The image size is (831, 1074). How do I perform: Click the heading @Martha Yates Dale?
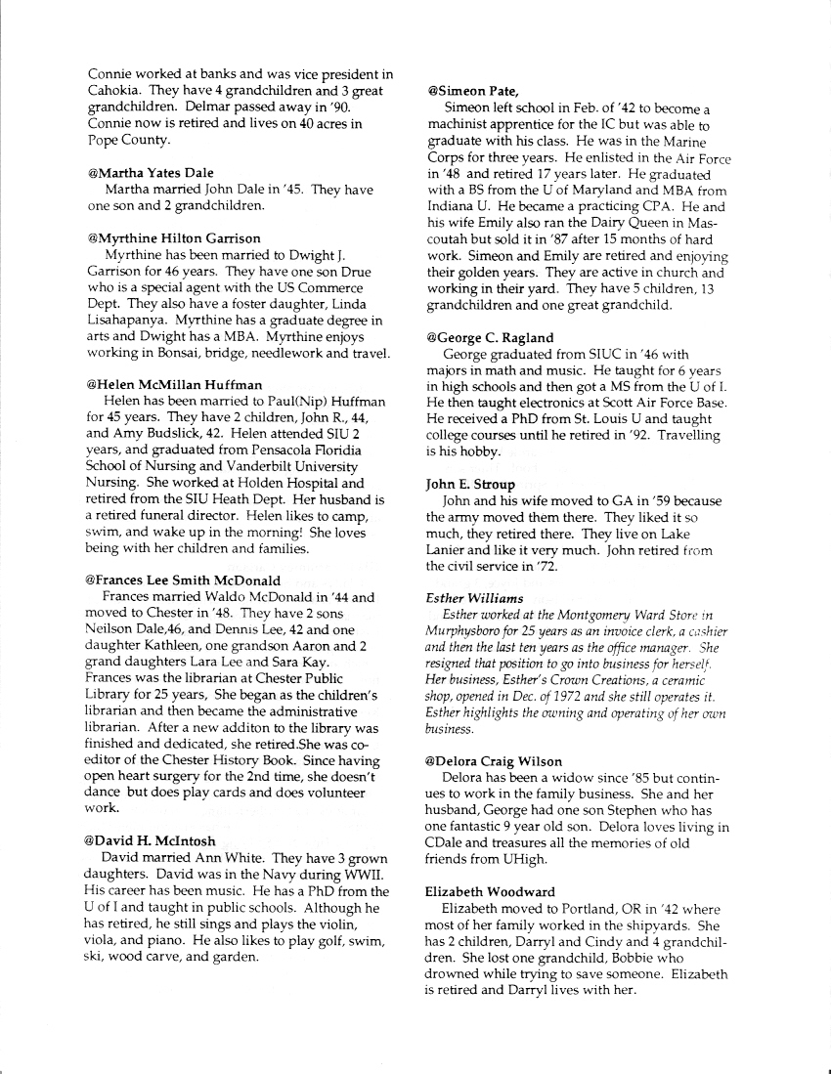pyautogui.click(x=151, y=173)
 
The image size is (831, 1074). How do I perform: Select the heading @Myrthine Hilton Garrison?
pyautogui.click(x=174, y=237)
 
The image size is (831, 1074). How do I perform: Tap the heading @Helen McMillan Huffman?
pyautogui.click(x=174, y=384)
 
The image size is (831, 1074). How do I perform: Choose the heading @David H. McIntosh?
pyautogui.click(x=150, y=840)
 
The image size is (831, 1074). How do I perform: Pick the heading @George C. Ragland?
pyautogui.click(x=490, y=337)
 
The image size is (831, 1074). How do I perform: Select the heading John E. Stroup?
pyautogui.click(x=470, y=484)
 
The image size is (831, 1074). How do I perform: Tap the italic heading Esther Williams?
pyautogui.click(x=475, y=598)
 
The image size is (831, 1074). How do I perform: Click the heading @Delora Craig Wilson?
pyautogui.click(x=494, y=761)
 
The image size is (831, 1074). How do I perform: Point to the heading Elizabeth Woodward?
pyautogui.click(x=491, y=891)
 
